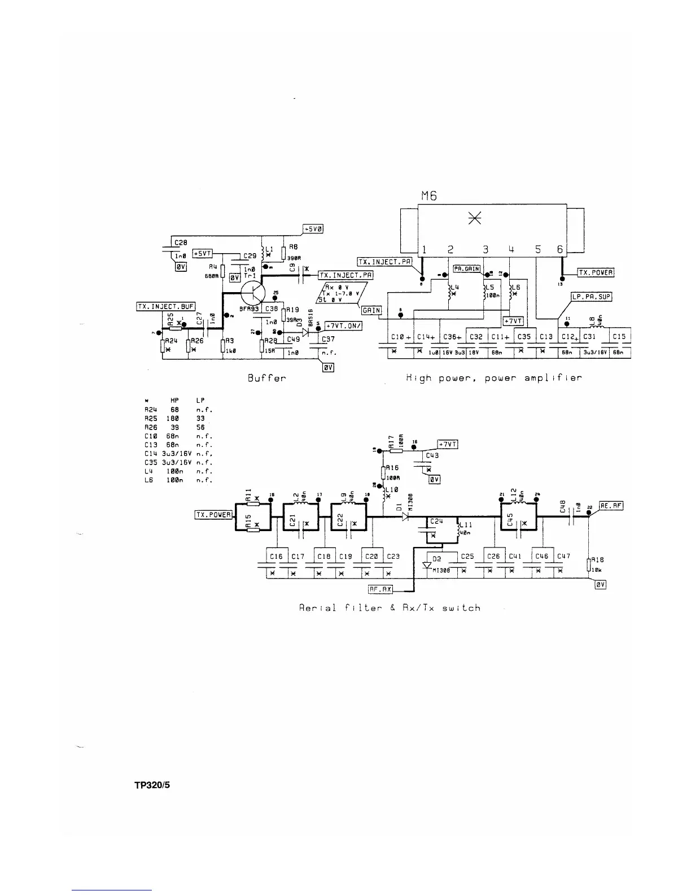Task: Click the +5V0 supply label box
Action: [x=313, y=229]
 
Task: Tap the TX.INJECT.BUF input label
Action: [x=166, y=306]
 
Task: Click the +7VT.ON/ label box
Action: [x=343, y=326]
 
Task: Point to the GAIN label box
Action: [x=371, y=310]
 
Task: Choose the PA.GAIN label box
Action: [x=467, y=268]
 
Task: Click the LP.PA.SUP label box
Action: [x=591, y=297]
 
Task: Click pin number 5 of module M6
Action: [x=538, y=249]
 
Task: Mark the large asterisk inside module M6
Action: [x=475, y=218]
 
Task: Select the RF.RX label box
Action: [x=381, y=589]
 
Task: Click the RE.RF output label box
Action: [x=611, y=506]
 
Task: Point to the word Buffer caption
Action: [x=266, y=378]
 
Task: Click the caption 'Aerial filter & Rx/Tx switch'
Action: [x=390, y=608]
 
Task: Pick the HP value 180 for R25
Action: [x=173, y=419]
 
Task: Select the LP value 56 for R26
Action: [x=200, y=428]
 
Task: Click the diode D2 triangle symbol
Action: [x=427, y=565]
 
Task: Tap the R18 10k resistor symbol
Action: [x=589, y=565]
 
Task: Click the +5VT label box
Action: [x=202, y=254]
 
